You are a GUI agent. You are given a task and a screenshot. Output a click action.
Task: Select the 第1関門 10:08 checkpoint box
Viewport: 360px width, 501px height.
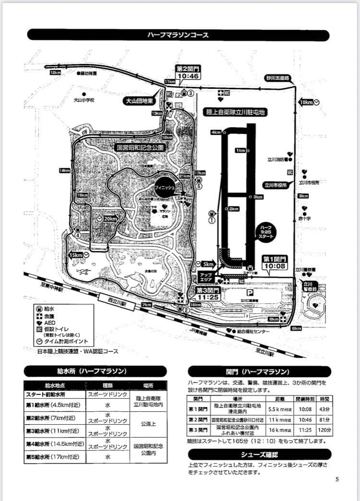(x=274, y=262)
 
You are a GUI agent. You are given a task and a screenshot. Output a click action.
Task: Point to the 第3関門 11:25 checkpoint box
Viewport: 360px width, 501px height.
(x=208, y=293)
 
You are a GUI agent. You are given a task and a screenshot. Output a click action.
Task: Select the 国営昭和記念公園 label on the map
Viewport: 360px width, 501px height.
(x=142, y=147)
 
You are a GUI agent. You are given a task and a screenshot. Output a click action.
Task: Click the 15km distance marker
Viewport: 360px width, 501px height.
(x=77, y=255)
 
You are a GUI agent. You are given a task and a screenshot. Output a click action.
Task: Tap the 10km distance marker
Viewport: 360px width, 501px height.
(x=306, y=102)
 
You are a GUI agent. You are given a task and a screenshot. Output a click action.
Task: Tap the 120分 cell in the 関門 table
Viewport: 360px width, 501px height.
(x=324, y=429)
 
